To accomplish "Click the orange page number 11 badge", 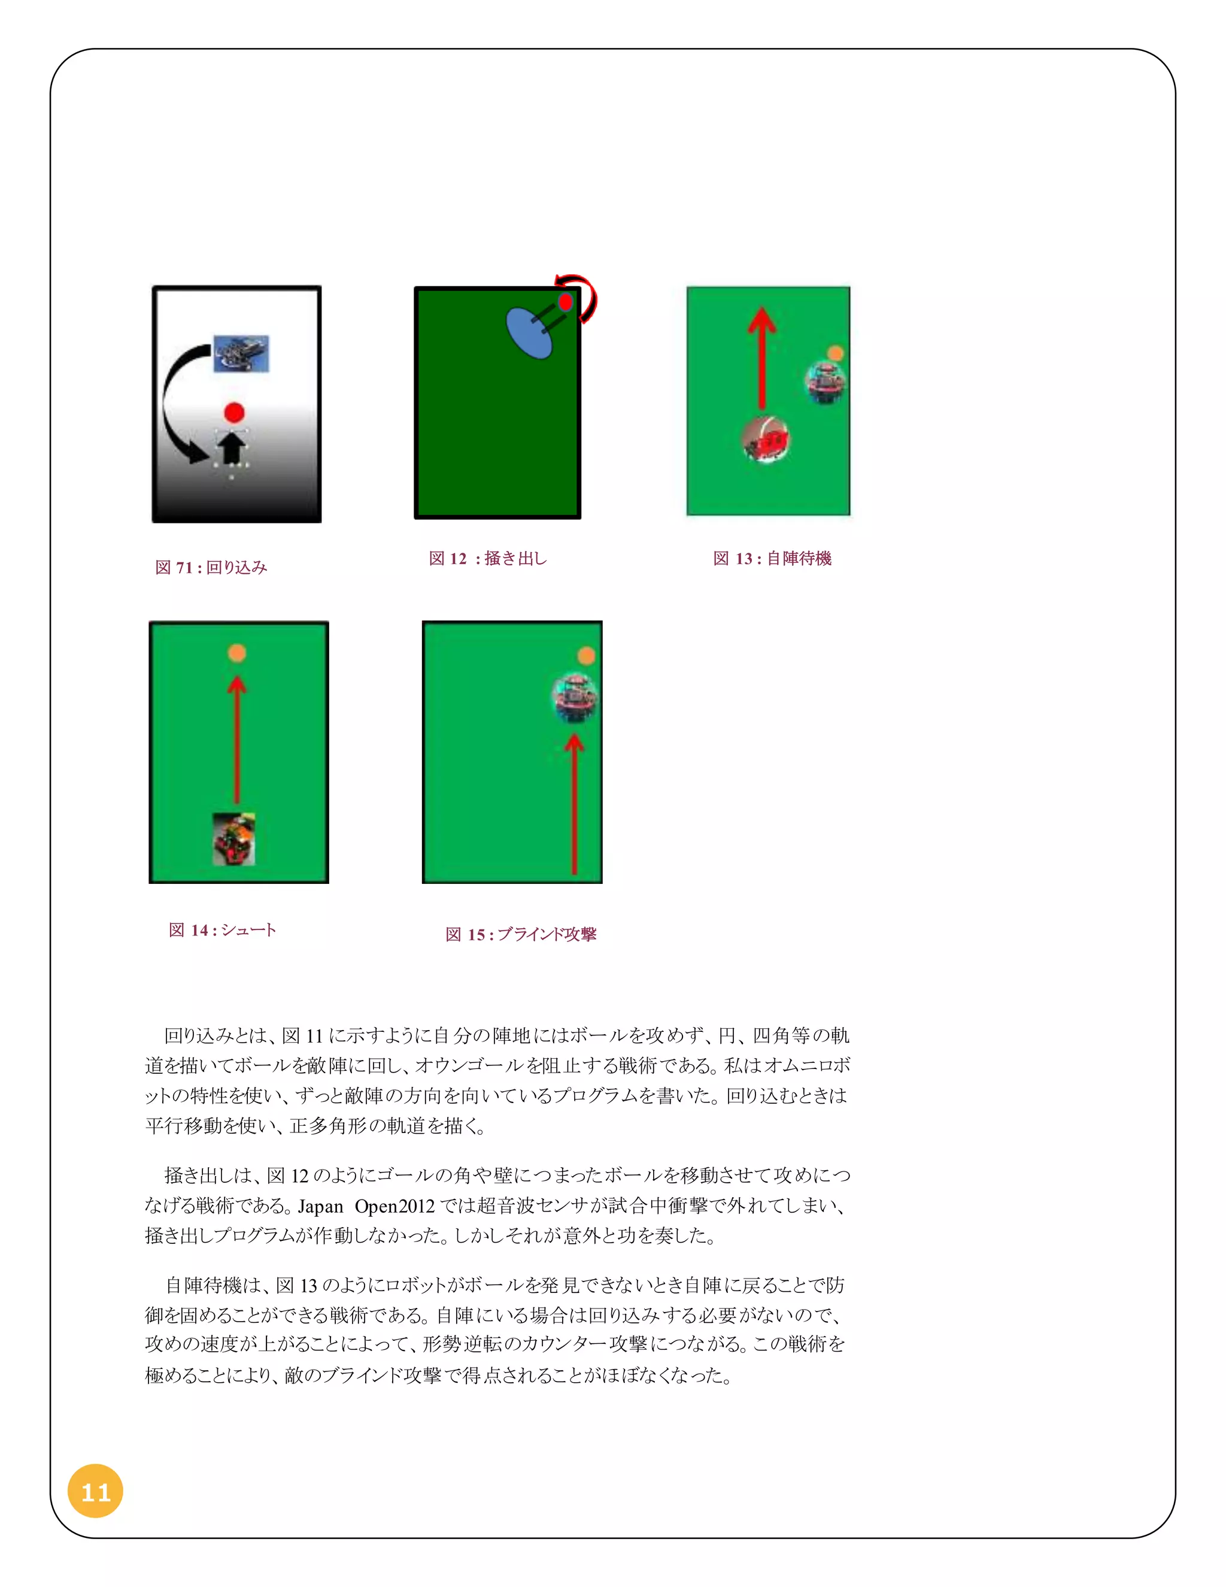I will point(95,1492).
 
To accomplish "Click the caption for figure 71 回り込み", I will point(211,568).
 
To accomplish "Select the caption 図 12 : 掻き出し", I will point(488,558).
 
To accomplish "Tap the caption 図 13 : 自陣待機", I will point(772,558).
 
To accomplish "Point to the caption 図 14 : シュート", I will point(222,930).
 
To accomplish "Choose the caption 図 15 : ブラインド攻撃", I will point(521,934).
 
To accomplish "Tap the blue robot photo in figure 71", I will point(241,354).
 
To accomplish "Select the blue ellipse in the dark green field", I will point(528,334).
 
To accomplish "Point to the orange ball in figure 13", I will point(835,353).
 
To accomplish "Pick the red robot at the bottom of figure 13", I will point(766,439).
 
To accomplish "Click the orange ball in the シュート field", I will point(237,653).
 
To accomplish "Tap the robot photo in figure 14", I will point(234,839).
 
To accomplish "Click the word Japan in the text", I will point(320,1207).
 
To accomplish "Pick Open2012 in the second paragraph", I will point(394,1207).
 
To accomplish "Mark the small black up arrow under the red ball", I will point(232,447).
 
